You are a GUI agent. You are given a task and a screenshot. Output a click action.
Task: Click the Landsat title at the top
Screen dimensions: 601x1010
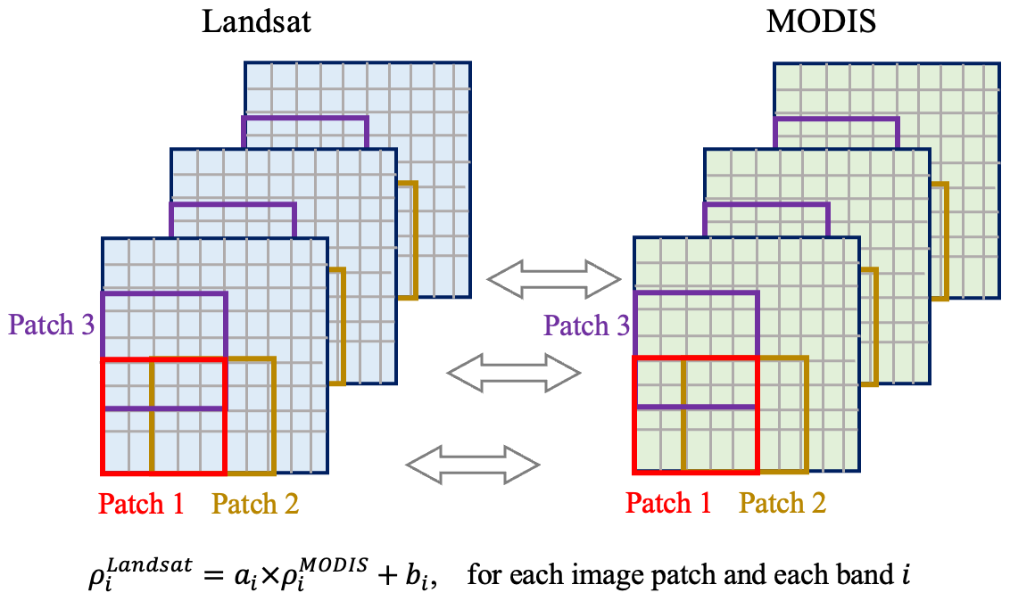pos(257,21)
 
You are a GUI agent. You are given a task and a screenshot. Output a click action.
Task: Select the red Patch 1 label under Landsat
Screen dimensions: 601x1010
pos(141,504)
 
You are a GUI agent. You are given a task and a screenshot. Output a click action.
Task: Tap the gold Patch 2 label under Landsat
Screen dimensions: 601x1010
pos(255,504)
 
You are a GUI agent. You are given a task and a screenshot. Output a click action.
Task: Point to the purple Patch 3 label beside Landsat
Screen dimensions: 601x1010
pos(52,325)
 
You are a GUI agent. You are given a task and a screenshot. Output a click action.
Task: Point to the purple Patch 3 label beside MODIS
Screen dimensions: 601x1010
pos(587,325)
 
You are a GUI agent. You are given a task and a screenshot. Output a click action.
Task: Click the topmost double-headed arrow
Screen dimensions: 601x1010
pos(553,278)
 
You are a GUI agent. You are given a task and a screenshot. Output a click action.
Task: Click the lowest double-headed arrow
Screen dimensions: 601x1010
pos(473,464)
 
